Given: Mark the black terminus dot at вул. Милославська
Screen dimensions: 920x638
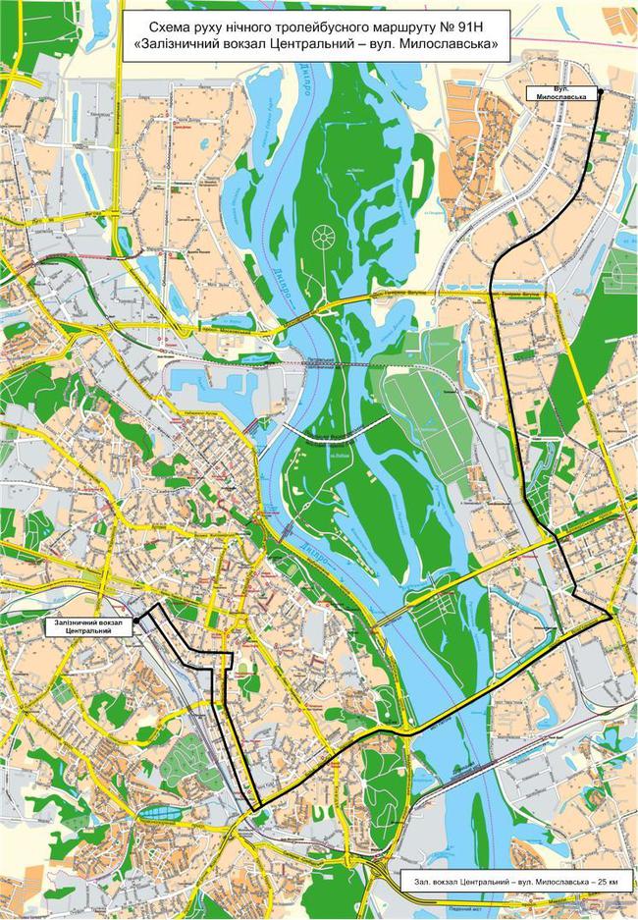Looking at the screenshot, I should [x=601, y=93].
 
